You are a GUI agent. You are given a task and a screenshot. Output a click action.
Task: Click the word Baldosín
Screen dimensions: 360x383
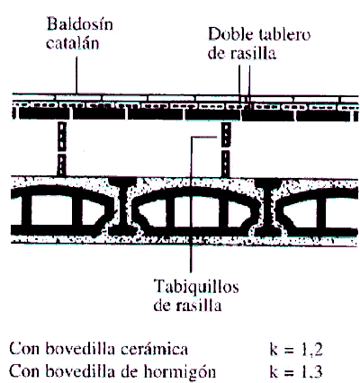tap(79, 23)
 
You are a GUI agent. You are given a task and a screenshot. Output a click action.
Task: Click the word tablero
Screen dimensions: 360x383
tap(284, 34)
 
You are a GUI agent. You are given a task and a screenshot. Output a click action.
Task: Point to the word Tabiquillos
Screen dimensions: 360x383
tap(196, 287)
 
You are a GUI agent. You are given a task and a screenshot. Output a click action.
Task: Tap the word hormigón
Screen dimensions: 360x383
tap(180, 372)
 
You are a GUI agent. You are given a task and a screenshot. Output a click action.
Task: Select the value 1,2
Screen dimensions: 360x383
tap(312, 350)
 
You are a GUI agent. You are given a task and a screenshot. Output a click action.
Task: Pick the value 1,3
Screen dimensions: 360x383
tap(312, 372)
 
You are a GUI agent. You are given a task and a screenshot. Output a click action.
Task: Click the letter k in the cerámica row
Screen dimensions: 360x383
tap(274, 350)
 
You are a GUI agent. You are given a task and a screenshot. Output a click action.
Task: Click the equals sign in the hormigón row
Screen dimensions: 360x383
tap(289, 373)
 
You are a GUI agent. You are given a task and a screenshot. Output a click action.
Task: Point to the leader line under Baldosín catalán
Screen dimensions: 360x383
tap(76, 75)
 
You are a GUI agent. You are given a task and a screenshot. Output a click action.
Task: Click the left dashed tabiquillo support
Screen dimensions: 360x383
tap(62, 148)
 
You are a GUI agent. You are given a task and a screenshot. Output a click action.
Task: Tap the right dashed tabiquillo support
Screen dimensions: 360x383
tap(226, 148)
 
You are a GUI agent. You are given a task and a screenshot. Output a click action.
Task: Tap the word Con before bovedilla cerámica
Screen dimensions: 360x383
tap(25, 350)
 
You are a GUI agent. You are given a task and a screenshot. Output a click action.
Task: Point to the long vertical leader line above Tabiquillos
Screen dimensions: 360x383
tap(191, 205)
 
